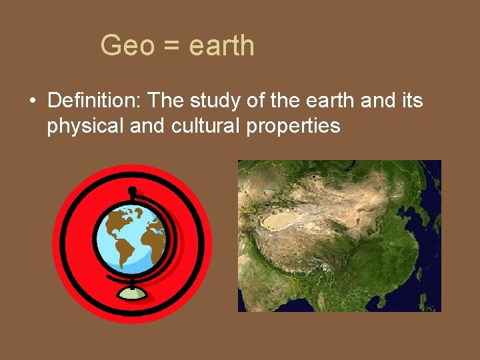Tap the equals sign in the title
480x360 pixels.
pyautogui.click(x=172, y=47)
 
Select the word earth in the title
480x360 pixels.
pyautogui.click(x=221, y=46)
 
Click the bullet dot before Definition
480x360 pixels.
pyautogui.click(x=32, y=102)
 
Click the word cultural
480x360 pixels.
pyautogui.click(x=203, y=125)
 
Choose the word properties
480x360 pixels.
pyautogui.click(x=293, y=126)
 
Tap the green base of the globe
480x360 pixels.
pyautogui.click(x=133, y=294)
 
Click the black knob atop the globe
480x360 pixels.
pyautogui.click(x=132, y=191)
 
